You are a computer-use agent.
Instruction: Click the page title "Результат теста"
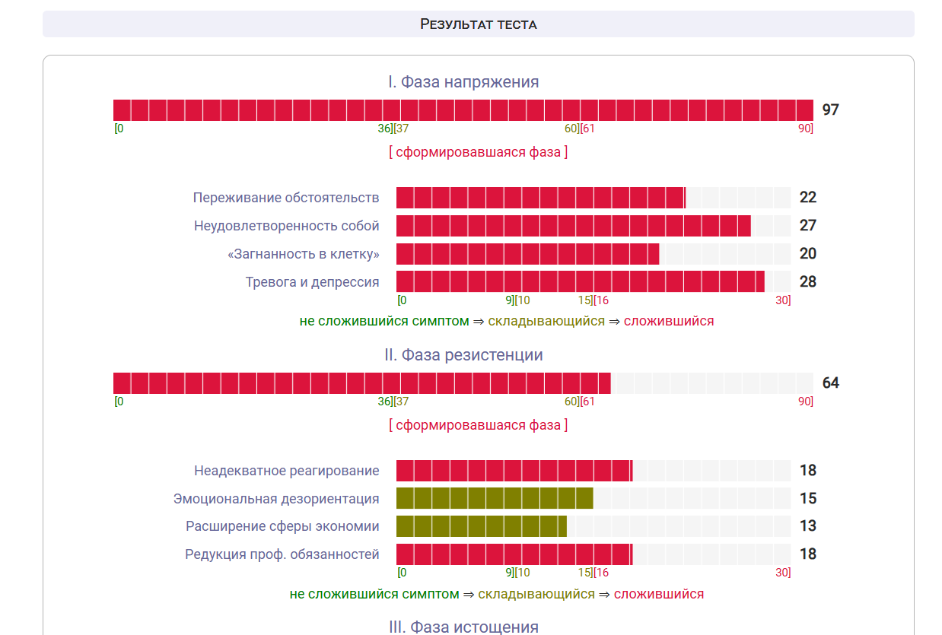tap(478, 24)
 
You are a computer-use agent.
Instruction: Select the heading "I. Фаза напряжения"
tap(463, 82)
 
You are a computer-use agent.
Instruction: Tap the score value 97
tap(830, 110)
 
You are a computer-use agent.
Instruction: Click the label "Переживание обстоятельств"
tap(286, 198)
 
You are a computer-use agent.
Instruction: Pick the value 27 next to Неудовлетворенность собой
tap(807, 226)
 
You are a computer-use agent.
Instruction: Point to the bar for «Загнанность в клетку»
tap(527, 254)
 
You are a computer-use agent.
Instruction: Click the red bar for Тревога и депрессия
tap(580, 281)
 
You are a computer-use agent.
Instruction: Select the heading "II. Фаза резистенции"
tap(463, 355)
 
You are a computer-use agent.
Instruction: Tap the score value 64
tap(830, 383)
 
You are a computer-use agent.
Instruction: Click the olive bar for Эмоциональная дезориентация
tap(495, 498)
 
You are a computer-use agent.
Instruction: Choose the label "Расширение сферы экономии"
tap(282, 526)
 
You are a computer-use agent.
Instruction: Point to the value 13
tap(807, 526)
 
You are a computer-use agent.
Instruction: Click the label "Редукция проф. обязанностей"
tap(282, 554)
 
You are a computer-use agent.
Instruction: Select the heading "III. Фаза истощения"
tap(463, 627)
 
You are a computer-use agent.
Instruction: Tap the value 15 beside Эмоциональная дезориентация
tap(807, 498)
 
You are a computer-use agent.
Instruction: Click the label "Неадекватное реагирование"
tap(287, 471)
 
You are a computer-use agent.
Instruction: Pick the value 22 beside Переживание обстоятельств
tap(807, 198)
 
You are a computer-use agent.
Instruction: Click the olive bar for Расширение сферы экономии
tap(481, 526)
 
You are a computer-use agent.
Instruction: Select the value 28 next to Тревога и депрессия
tap(807, 281)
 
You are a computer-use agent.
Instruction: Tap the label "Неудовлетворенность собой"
tap(287, 226)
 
